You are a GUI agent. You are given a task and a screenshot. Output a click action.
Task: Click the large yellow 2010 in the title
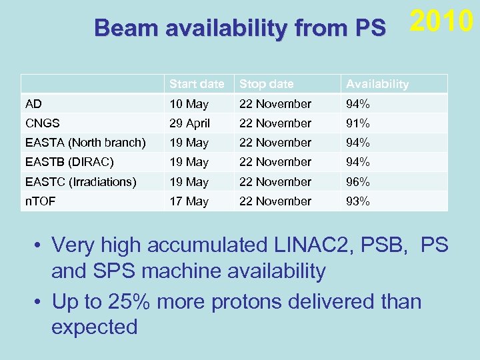pos(441,22)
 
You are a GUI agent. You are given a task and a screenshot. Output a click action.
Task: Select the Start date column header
pos(197,84)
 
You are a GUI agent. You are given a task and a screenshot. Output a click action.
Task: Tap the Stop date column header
pos(266,84)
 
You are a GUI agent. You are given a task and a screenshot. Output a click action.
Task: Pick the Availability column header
pos(377,84)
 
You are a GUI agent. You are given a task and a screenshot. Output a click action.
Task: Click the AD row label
pos(33,104)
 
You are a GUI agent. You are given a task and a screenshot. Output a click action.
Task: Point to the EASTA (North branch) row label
pos(85,143)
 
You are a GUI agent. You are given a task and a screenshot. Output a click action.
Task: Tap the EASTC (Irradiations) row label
pos(81,181)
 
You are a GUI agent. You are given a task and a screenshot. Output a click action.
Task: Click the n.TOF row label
pos(39,201)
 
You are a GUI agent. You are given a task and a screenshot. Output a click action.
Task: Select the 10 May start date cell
pos(189,104)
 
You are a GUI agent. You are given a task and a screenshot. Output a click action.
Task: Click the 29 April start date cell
pos(190,123)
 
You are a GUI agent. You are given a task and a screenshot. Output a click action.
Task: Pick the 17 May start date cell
pos(189,201)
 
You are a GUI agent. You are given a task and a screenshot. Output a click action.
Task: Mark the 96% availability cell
pos(357,181)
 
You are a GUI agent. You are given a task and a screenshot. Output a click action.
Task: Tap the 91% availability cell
pos(357,123)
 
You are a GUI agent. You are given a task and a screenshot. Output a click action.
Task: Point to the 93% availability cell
pos(357,201)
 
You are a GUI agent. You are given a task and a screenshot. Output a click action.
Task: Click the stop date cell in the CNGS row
pos(275,123)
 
